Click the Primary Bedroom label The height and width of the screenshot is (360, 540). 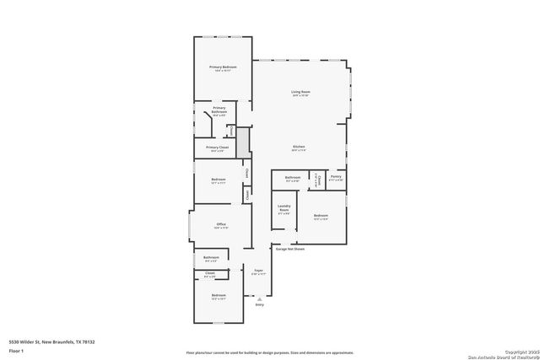(223, 67)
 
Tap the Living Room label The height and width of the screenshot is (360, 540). (300, 92)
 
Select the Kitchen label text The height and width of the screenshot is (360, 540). (299, 147)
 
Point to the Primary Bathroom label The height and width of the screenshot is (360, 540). (219, 109)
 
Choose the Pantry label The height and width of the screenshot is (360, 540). (335, 177)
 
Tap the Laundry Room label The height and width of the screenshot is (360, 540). (283, 209)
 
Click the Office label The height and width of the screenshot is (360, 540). (221, 224)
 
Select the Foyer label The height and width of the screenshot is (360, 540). (258, 271)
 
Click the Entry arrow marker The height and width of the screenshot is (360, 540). (260, 298)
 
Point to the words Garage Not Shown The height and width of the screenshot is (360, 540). (289, 249)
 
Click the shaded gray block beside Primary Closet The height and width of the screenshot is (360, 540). (243, 142)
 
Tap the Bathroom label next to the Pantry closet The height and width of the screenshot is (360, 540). (293, 177)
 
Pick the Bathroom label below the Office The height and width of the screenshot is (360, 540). (212, 257)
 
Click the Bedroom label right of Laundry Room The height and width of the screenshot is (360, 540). (321, 216)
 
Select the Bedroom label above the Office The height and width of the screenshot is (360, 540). (219, 180)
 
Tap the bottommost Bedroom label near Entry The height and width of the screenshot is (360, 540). (219, 295)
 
